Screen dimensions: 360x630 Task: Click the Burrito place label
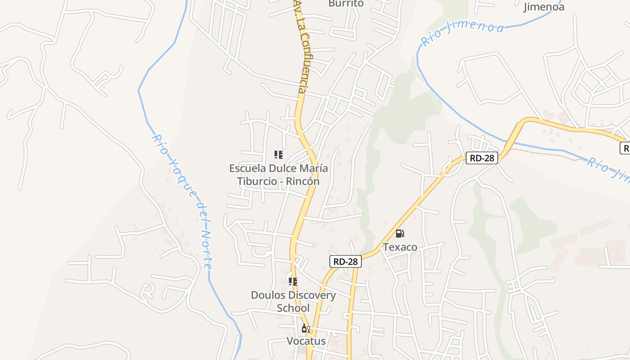pyautogui.click(x=346, y=4)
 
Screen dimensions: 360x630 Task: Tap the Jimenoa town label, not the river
pyautogui.click(x=544, y=7)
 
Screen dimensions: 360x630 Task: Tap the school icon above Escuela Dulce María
pyautogui.click(x=279, y=155)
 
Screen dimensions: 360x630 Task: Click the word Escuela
pyautogui.click(x=248, y=168)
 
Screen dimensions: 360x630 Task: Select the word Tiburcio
pyautogui.click(x=259, y=181)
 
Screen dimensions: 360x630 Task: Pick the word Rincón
pyautogui.click(x=303, y=181)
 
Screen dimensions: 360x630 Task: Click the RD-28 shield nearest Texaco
pyautogui.click(x=346, y=261)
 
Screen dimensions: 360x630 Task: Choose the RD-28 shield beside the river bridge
pyautogui.click(x=481, y=158)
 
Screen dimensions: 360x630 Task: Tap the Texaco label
pyautogui.click(x=400, y=247)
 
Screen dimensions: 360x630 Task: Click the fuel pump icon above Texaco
pyautogui.click(x=400, y=234)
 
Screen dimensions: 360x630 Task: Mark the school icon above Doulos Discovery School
pyautogui.click(x=293, y=282)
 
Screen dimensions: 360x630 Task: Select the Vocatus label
pyautogui.click(x=306, y=341)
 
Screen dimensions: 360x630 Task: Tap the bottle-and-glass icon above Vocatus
pyautogui.click(x=306, y=328)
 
